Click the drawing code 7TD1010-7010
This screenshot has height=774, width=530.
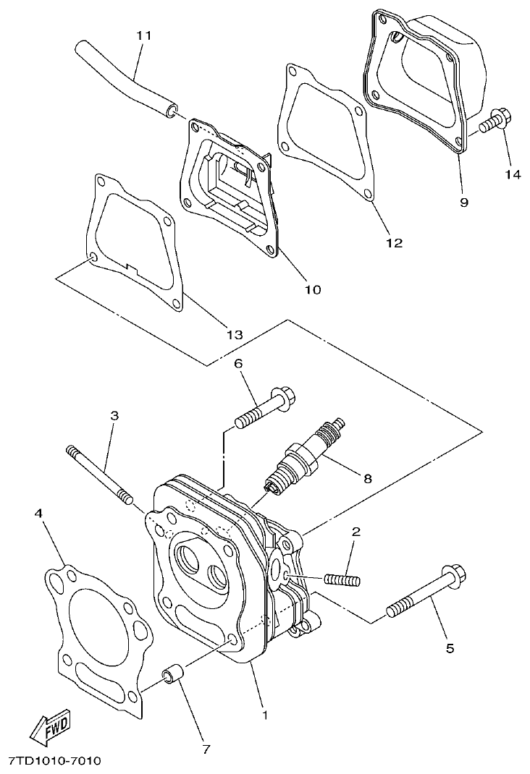(54, 761)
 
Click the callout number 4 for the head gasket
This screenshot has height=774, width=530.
(39, 513)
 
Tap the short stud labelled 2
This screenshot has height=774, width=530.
(342, 579)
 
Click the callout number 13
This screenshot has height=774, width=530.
(234, 334)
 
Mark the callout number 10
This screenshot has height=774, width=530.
(311, 289)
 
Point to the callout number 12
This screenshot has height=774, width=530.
(394, 243)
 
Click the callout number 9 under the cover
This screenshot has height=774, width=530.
(463, 202)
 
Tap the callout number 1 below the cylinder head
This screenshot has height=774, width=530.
(265, 715)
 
